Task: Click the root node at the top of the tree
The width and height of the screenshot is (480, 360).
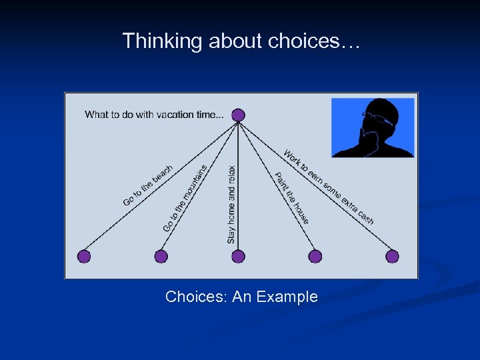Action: [239, 115]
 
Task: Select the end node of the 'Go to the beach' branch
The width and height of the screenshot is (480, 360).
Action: [84, 256]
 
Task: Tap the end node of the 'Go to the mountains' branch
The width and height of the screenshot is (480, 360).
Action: [161, 256]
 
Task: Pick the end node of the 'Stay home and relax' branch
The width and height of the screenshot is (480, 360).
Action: [239, 256]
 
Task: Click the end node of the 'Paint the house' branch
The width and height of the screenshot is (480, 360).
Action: [315, 256]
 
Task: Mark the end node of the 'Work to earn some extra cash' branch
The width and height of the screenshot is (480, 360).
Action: [393, 256]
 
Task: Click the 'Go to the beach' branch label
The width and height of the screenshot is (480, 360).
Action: [148, 185]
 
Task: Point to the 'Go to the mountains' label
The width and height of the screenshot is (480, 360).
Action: [185, 199]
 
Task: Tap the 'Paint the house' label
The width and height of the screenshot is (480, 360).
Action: [292, 198]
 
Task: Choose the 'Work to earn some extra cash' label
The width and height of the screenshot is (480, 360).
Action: [328, 187]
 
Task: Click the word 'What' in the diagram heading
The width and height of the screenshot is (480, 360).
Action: [97, 115]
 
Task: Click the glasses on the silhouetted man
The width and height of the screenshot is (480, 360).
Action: [378, 118]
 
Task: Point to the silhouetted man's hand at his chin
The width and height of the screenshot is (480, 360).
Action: [365, 138]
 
